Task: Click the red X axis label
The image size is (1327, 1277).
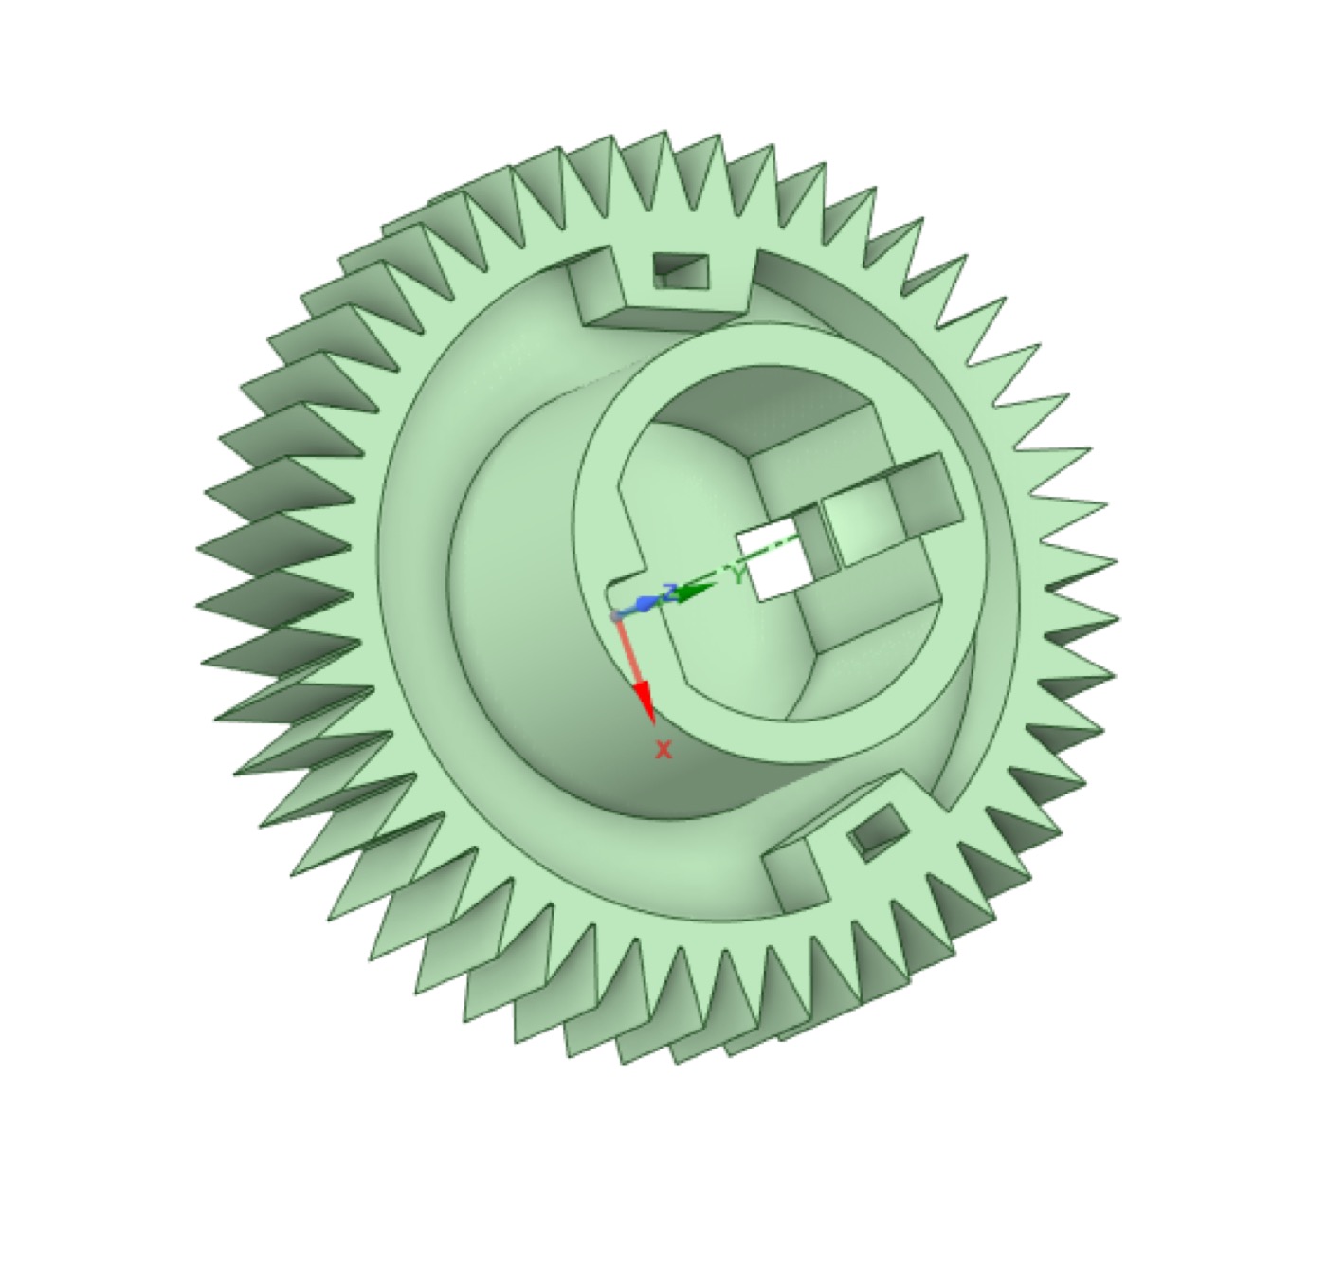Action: tap(663, 751)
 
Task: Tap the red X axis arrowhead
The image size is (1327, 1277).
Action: tap(644, 702)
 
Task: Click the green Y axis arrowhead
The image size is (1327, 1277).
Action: tap(696, 592)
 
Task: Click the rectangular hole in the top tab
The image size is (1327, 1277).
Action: tap(682, 270)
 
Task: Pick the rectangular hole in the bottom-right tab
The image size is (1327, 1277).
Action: tap(881, 830)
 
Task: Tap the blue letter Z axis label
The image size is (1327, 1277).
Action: tap(672, 593)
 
